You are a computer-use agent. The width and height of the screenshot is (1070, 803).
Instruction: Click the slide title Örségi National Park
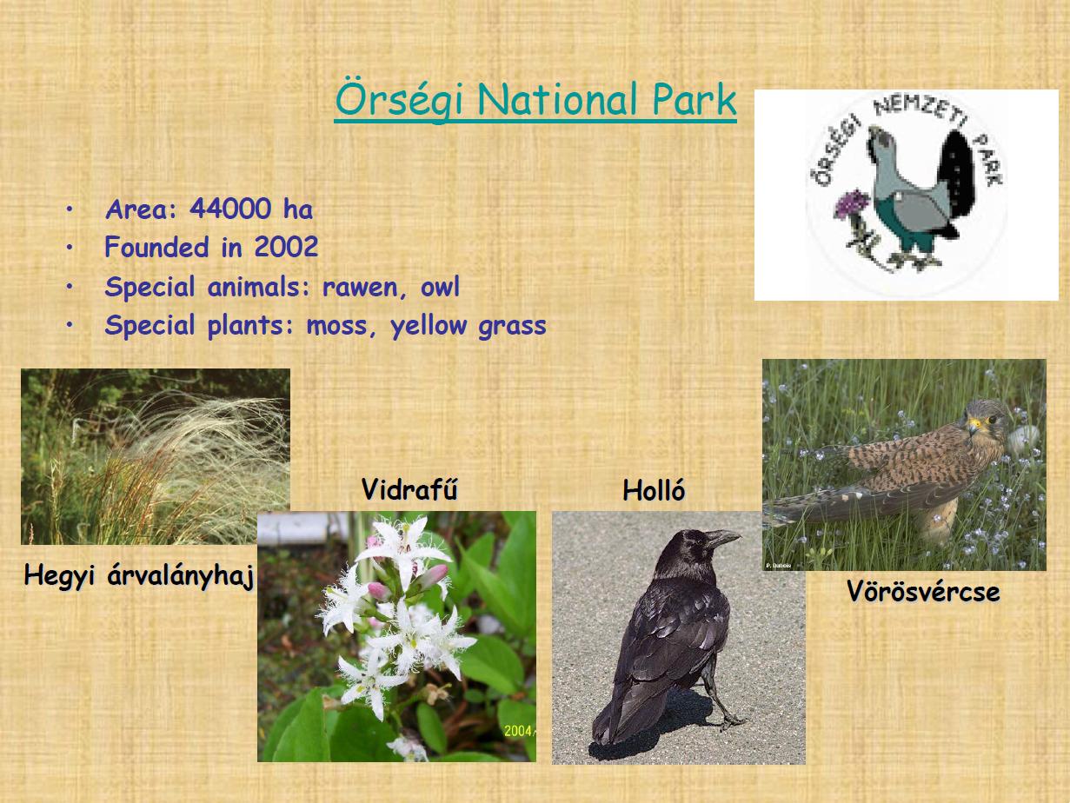pos(535,101)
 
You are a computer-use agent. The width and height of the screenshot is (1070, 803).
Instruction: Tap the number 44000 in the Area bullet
pos(230,209)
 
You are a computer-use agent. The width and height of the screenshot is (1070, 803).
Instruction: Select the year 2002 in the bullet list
pos(286,247)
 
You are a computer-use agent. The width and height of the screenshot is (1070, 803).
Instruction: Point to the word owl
pos(440,287)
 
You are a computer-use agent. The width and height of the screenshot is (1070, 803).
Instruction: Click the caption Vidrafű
pos(409,489)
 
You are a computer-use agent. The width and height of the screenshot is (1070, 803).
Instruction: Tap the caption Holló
pos(654,490)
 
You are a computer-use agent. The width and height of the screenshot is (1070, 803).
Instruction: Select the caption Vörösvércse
pos(923,592)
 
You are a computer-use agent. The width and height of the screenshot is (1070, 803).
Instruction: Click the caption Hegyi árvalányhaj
pos(139,576)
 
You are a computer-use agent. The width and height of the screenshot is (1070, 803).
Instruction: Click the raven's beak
pos(724,537)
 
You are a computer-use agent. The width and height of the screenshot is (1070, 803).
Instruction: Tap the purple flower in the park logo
pos(851,204)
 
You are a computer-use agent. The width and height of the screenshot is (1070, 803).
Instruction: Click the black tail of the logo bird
pos(956,180)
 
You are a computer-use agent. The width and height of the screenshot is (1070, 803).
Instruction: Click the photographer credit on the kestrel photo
pos(779,566)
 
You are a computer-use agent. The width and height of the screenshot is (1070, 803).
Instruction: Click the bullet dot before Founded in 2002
pos(70,248)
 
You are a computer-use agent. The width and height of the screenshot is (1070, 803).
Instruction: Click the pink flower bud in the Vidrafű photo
pos(378,591)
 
